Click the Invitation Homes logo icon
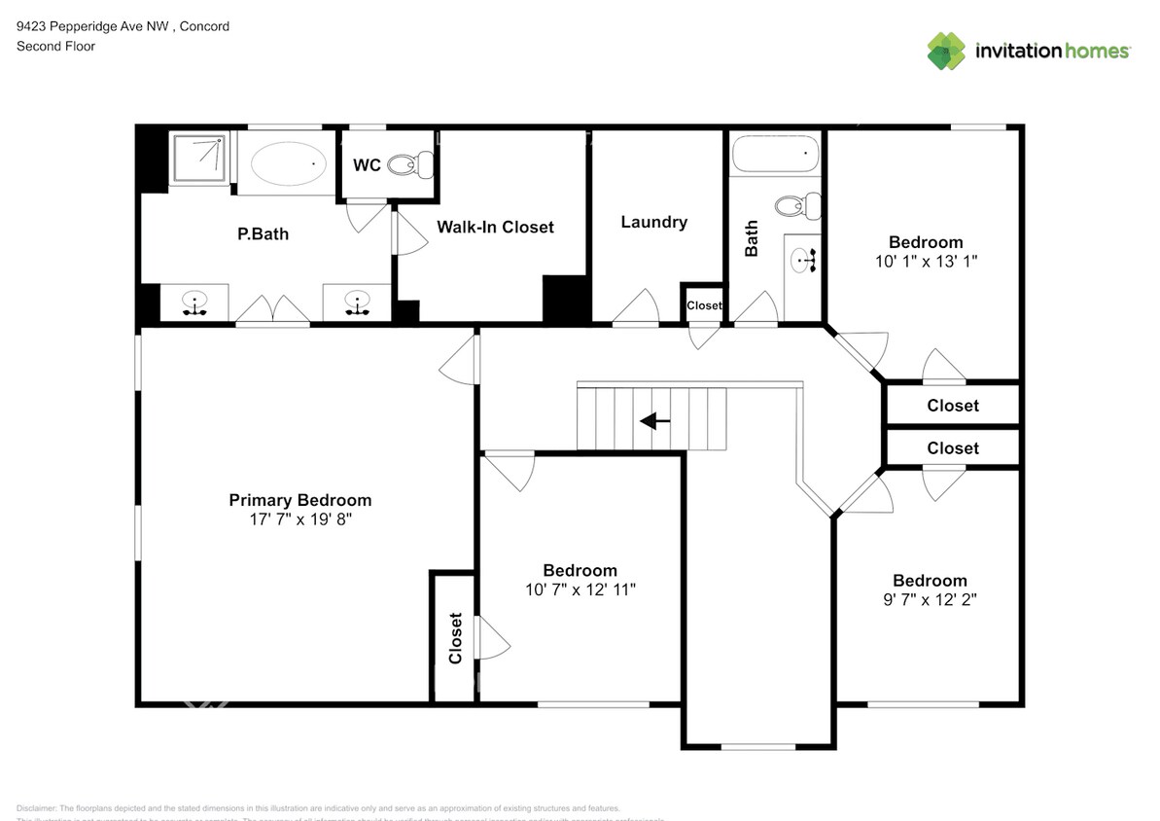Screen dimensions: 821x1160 coord(946,51)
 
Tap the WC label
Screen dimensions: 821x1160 coord(367,165)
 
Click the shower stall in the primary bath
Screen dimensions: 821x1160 coord(199,159)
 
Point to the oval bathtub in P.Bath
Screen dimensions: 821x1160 coord(289,164)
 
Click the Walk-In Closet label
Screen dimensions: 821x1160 coord(495,227)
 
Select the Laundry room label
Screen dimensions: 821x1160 coord(653,222)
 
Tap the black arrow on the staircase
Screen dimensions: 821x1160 coord(654,421)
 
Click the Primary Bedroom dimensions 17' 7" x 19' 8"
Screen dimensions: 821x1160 coord(299,519)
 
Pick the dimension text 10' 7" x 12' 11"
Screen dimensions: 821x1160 coord(580,589)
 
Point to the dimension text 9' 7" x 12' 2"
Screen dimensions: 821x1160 coord(930,599)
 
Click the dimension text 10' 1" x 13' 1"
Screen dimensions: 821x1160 coord(926,261)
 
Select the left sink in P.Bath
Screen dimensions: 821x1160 coord(195,303)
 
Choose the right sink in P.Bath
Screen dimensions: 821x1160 coord(358,303)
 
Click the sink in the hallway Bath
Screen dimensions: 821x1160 coord(805,260)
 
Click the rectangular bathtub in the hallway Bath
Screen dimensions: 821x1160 coord(775,153)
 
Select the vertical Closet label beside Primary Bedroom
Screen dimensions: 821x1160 coord(455,638)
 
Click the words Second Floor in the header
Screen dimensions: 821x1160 coord(55,46)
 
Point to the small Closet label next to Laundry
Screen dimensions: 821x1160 coord(704,305)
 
